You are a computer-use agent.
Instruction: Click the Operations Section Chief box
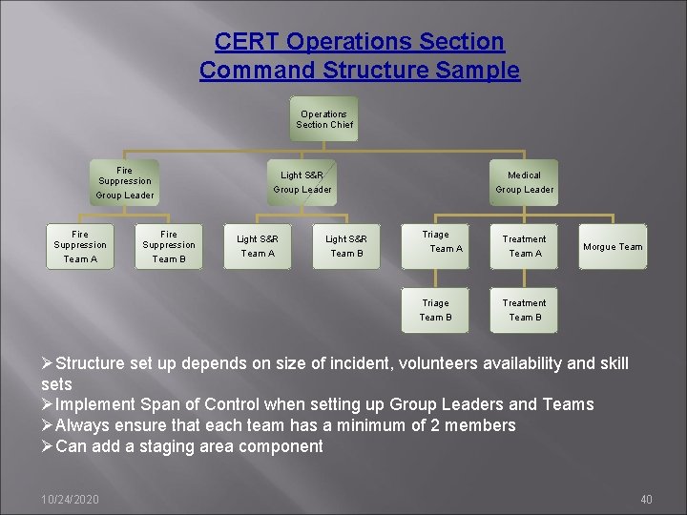click(324, 119)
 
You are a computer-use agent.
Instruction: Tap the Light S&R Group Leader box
click(302, 182)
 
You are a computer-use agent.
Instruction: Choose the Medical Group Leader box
click(524, 182)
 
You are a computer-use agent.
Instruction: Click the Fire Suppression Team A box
click(80, 246)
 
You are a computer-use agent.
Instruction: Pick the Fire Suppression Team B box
click(169, 246)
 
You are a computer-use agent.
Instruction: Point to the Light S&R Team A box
click(258, 246)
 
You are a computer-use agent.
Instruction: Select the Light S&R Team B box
click(346, 246)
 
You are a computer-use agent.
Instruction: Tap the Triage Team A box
click(436, 243)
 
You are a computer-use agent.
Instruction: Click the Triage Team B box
click(436, 310)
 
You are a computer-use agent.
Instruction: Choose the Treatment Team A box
click(525, 246)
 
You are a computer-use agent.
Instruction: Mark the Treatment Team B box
click(525, 310)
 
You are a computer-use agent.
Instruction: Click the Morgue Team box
click(614, 246)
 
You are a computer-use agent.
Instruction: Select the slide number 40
click(646, 499)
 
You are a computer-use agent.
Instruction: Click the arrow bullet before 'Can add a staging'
click(48, 446)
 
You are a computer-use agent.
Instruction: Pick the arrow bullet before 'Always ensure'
click(48, 425)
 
